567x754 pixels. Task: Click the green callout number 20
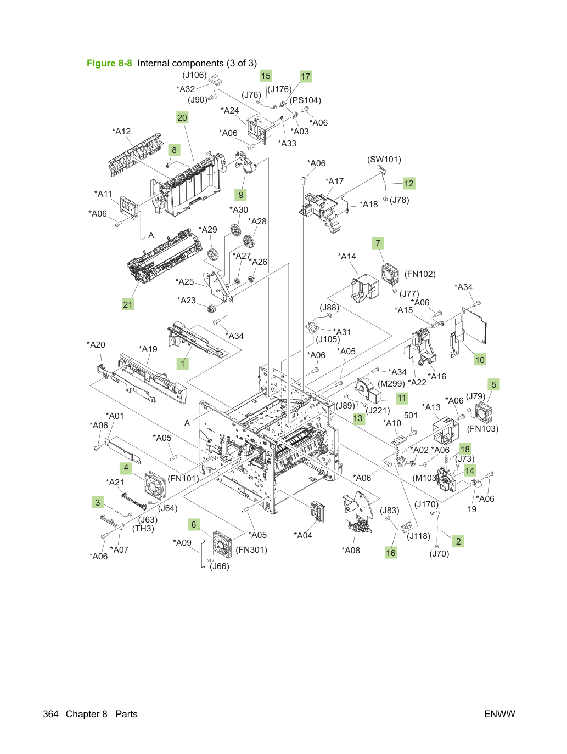click(x=182, y=118)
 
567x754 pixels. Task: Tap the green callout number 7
click(x=378, y=243)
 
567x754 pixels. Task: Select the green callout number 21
click(x=127, y=304)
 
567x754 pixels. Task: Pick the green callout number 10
click(x=480, y=360)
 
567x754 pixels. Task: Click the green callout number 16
click(x=391, y=553)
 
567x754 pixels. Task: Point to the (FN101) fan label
click(x=183, y=478)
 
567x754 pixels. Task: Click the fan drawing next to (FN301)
click(x=222, y=545)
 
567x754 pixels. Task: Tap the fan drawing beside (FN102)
click(x=390, y=274)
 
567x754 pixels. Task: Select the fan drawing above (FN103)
click(x=484, y=412)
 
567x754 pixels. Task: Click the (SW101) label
click(x=384, y=160)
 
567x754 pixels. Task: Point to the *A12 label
click(x=121, y=131)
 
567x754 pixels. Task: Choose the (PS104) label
click(x=305, y=100)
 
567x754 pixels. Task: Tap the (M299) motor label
click(x=391, y=383)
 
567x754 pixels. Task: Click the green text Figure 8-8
click(x=109, y=63)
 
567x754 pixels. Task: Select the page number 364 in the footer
click(x=50, y=714)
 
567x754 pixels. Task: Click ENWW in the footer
click(x=499, y=714)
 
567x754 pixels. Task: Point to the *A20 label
click(x=96, y=344)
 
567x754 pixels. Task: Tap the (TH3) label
click(x=143, y=528)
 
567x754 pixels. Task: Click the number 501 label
click(x=411, y=415)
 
